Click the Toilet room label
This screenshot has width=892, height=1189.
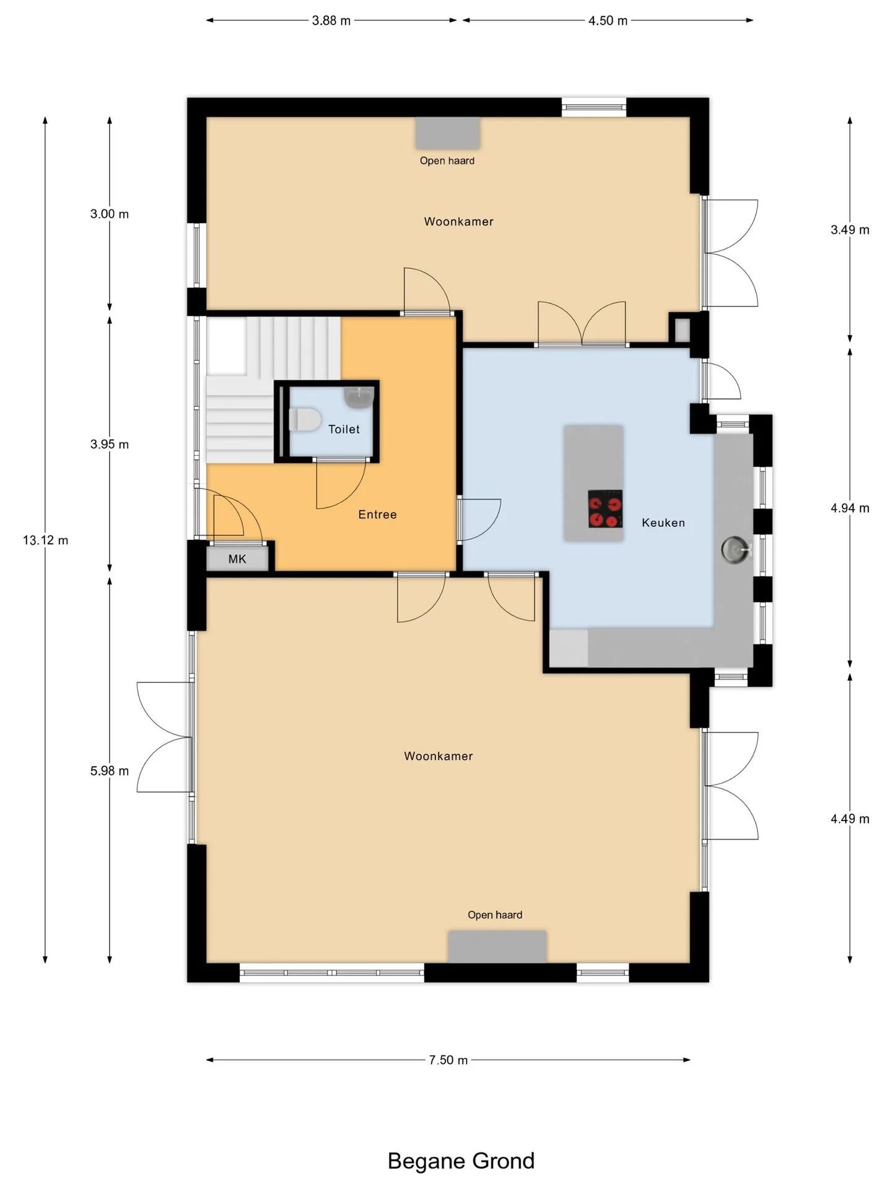point(344,429)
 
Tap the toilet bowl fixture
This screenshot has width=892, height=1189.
point(304,420)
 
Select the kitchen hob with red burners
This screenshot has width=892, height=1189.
point(605,508)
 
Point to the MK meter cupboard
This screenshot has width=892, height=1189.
point(237,559)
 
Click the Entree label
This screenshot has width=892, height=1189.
point(377,514)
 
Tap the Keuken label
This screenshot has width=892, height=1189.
point(663,523)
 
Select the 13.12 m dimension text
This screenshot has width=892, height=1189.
point(45,540)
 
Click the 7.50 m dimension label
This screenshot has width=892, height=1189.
point(448,1060)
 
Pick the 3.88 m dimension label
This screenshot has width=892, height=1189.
point(331,20)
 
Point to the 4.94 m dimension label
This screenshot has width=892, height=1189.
point(850,508)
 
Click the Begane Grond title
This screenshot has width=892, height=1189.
point(461,1161)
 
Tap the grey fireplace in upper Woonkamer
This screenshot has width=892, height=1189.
point(447,133)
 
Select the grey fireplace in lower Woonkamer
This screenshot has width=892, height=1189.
point(497,946)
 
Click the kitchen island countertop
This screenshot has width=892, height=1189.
point(593,483)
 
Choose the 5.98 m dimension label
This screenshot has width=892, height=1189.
point(110,771)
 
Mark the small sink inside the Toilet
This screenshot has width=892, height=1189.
point(359,397)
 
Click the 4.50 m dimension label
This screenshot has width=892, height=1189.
point(608,20)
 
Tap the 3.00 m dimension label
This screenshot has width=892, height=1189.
point(110,214)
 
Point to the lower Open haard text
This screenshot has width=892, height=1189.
point(495,915)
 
